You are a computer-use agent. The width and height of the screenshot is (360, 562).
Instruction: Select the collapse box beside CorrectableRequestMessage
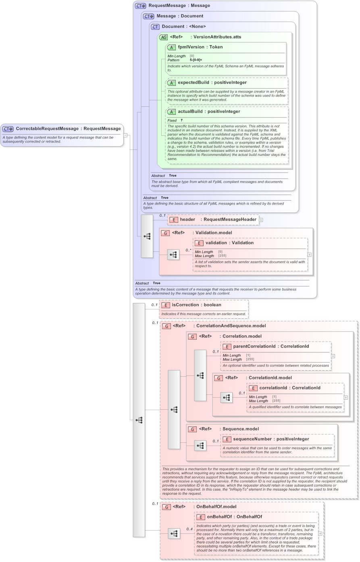point(125,135)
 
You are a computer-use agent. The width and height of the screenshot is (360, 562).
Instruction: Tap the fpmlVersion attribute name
point(191,47)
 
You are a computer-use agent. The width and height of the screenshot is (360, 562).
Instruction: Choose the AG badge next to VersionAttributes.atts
point(163,37)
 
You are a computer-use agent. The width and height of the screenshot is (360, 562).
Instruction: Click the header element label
point(187,220)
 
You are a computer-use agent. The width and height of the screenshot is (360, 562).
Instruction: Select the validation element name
point(217,243)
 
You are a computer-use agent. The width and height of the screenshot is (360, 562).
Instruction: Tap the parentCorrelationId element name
point(254,346)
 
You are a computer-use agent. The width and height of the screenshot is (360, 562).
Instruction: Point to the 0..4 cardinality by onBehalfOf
point(189,529)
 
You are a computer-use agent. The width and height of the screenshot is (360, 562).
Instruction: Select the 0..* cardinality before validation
point(188,250)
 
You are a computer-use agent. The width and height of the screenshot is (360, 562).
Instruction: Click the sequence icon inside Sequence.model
point(200,446)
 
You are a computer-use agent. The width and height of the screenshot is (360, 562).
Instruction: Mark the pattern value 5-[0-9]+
point(196,60)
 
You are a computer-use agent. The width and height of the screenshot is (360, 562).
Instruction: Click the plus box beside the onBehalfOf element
point(320,533)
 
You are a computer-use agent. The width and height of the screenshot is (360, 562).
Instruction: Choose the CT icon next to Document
point(155,27)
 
